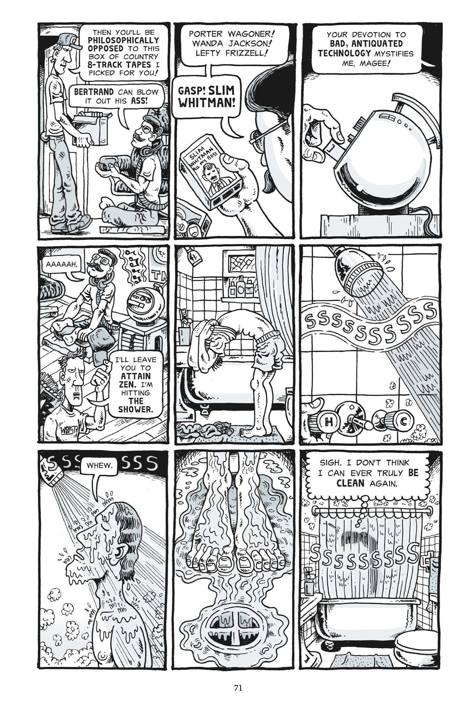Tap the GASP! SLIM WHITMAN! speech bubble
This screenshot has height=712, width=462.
(206, 96)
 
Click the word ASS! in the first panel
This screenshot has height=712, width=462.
(139, 101)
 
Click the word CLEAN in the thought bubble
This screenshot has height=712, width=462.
(350, 483)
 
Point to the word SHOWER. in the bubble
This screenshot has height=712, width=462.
(136, 409)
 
